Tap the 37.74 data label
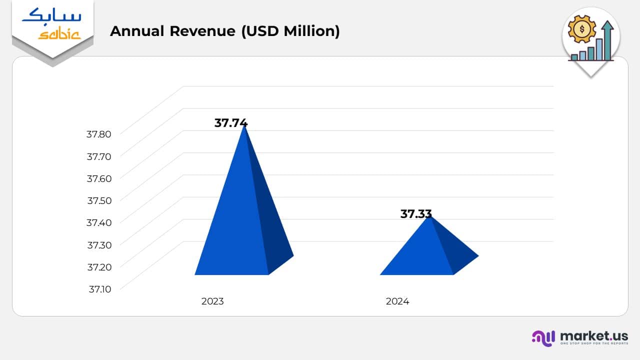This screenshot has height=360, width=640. click(x=231, y=123)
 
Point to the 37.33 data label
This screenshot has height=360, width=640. click(x=416, y=214)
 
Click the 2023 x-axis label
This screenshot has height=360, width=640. click(x=212, y=301)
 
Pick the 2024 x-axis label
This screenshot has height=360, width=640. click(x=397, y=301)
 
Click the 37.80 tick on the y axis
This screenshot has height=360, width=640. click(x=98, y=134)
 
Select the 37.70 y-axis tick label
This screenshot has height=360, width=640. click(x=98, y=156)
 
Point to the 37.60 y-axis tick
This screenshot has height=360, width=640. click(x=98, y=178)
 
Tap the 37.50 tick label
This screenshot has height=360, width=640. click(x=98, y=200)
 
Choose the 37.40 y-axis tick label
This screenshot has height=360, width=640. click(x=98, y=222)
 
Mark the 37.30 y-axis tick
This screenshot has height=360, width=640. click(x=98, y=245)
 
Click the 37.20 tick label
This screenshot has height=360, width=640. click(x=98, y=267)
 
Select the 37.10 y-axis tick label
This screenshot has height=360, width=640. click(x=99, y=289)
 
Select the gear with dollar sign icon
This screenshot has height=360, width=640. click(x=582, y=29)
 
